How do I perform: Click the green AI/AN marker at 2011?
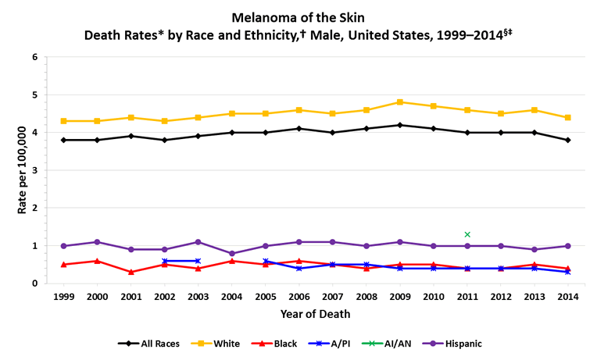click(x=467, y=234)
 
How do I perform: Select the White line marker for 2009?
click(x=399, y=102)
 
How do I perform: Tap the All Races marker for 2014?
click(x=568, y=140)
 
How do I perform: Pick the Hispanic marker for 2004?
click(x=232, y=253)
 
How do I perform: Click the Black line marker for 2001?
click(x=130, y=272)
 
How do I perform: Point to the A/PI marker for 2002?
click(x=164, y=261)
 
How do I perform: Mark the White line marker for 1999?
click(x=63, y=121)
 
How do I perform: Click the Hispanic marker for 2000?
click(x=97, y=242)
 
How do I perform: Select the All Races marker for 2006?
click(x=299, y=129)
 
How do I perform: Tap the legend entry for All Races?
click(x=152, y=343)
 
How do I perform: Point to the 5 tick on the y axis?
click(x=34, y=95)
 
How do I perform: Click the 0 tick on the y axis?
click(x=34, y=283)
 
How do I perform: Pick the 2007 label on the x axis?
click(x=333, y=298)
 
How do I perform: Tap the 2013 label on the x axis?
click(x=534, y=298)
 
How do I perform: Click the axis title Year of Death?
click(x=315, y=314)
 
